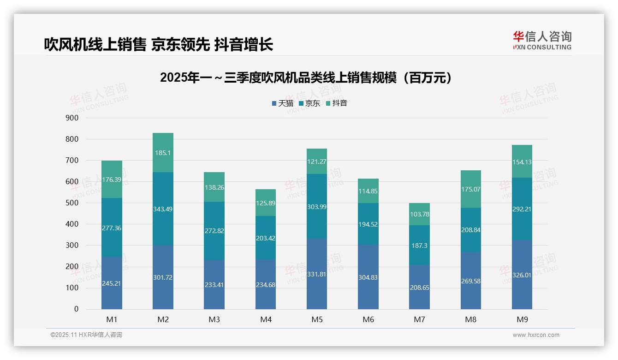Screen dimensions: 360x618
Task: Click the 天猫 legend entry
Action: tap(282, 103)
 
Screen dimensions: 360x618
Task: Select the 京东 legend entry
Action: tap(309, 103)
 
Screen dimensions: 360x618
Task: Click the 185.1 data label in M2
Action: tap(163, 153)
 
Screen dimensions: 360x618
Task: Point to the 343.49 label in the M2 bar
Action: tap(163, 209)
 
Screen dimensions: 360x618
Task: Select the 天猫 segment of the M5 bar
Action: tap(317, 274)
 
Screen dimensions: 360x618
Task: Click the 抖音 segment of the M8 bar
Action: tap(470, 189)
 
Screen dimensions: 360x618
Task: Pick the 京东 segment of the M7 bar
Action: tap(419, 245)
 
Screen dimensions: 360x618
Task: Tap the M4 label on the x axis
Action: tap(266, 319)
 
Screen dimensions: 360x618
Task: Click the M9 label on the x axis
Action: tap(522, 319)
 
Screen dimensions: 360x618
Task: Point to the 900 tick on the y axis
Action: tap(72, 118)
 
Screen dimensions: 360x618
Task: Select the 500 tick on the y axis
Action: tap(72, 203)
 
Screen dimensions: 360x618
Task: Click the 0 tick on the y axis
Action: tap(76, 309)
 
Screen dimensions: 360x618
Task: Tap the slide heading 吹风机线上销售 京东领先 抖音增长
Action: tap(159, 44)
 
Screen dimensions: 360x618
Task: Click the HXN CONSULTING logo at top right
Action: tap(542, 41)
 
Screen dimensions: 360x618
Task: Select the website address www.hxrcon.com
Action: tap(536, 335)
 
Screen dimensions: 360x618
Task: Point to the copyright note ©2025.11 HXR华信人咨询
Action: tap(86, 335)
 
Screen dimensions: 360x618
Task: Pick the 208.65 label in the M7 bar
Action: tap(419, 287)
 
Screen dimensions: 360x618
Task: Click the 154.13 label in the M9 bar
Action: tap(522, 162)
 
